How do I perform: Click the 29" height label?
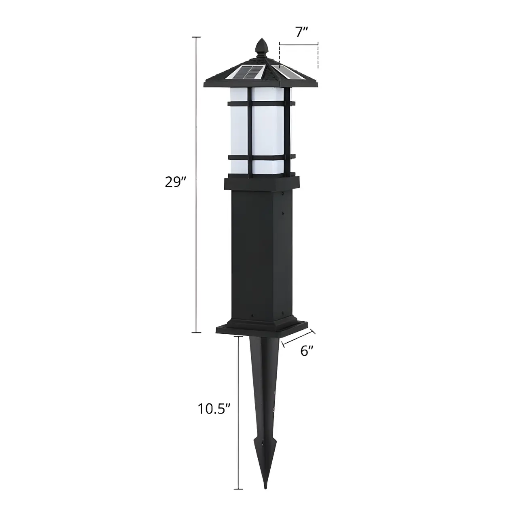(175, 182)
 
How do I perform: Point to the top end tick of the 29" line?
(196, 37)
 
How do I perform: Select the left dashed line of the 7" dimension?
(280, 51)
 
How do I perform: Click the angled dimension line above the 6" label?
(299, 338)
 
